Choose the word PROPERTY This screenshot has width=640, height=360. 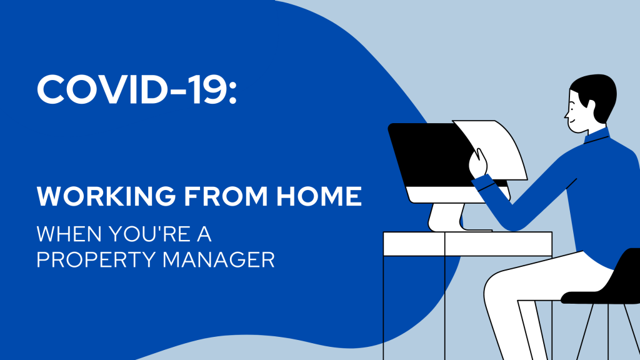[x=96, y=259]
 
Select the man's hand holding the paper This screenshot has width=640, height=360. [x=478, y=163]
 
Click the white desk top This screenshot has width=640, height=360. [x=467, y=244]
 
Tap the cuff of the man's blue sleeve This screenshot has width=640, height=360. [x=484, y=183]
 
